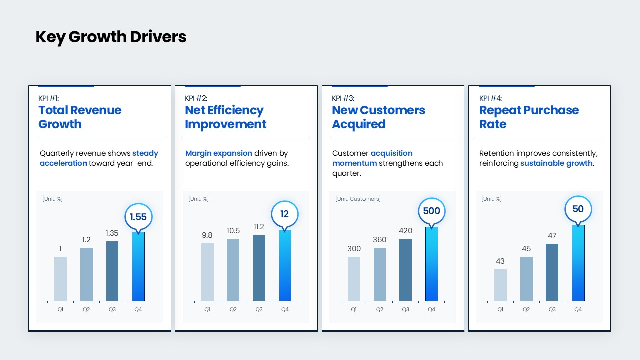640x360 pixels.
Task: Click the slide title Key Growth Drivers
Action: tap(111, 37)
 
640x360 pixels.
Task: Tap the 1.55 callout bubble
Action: tap(138, 217)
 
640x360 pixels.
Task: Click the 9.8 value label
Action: tap(207, 235)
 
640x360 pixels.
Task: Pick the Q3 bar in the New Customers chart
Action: tap(406, 270)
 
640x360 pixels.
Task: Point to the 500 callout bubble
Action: tap(432, 211)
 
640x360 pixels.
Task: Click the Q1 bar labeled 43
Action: tap(500, 285)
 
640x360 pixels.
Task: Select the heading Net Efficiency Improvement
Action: tap(225, 117)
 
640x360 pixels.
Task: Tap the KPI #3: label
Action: tap(343, 98)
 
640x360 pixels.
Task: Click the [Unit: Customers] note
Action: tap(358, 199)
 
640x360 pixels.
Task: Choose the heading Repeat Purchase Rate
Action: tap(529, 117)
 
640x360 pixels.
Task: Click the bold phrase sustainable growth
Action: tap(556, 163)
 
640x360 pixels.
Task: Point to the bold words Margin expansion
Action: tap(218, 153)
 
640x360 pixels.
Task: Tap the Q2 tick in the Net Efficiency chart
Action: tap(233, 309)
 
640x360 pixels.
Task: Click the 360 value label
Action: tap(380, 240)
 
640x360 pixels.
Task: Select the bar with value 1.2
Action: tap(86, 274)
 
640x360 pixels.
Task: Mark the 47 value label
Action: tap(552, 236)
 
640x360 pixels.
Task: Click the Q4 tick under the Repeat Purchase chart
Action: tap(578, 309)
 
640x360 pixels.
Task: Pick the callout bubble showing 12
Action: tap(285, 214)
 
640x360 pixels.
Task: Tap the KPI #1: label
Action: tap(49, 98)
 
